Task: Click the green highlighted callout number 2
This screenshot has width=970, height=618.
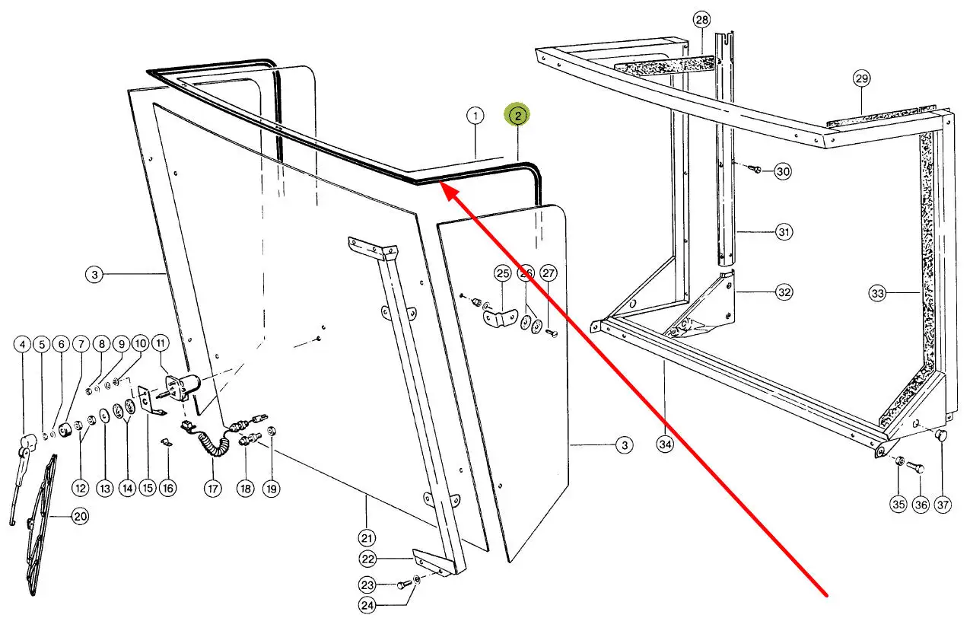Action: (517, 116)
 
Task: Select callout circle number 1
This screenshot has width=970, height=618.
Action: (475, 116)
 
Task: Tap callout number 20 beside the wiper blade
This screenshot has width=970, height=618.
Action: (80, 517)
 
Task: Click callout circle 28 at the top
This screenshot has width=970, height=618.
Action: (701, 19)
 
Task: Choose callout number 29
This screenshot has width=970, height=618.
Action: (861, 78)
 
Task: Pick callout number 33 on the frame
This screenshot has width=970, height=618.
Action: (878, 292)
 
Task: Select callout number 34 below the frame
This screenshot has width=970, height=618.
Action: (666, 445)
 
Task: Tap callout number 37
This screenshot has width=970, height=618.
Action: (943, 504)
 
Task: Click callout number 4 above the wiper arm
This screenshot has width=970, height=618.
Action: (23, 345)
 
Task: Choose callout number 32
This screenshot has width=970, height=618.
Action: (784, 292)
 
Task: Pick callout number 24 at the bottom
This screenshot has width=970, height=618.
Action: (368, 607)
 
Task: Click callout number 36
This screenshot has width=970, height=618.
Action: (921, 504)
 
